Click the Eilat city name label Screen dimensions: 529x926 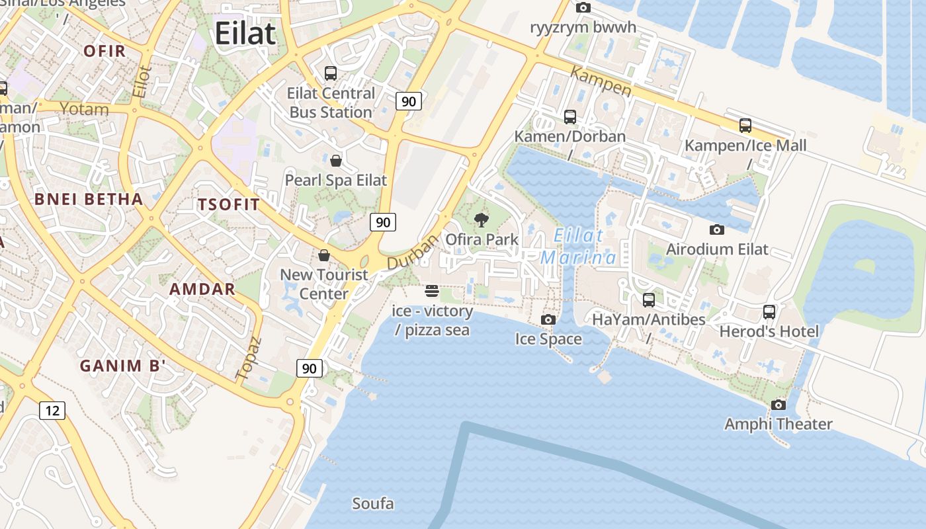[x=245, y=33]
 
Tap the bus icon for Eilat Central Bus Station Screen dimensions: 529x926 [x=330, y=73]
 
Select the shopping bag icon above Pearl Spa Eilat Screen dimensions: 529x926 [x=336, y=161]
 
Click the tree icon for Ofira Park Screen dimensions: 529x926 [x=482, y=220]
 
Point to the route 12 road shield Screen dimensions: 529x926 [x=52, y=411]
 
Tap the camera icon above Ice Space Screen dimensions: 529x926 [x=548, y=320]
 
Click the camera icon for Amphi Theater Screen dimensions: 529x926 [x=779, y=405]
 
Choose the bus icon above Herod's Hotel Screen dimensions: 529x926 [x=769, y=311]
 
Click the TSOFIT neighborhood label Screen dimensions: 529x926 [x=229, y=204]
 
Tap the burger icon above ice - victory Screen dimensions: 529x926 [x=432, y=291]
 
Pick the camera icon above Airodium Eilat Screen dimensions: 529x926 [x=716, y=230]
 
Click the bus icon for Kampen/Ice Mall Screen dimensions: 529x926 [x=745, y=126]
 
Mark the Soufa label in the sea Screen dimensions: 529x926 [x=373, y=504]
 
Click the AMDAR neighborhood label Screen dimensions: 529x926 [x=202, y=289]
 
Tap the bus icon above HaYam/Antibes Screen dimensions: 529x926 [x=648, y=300]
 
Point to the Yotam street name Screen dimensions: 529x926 [x=85, y=108]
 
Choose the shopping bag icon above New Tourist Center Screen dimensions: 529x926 [x=324, y=255]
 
